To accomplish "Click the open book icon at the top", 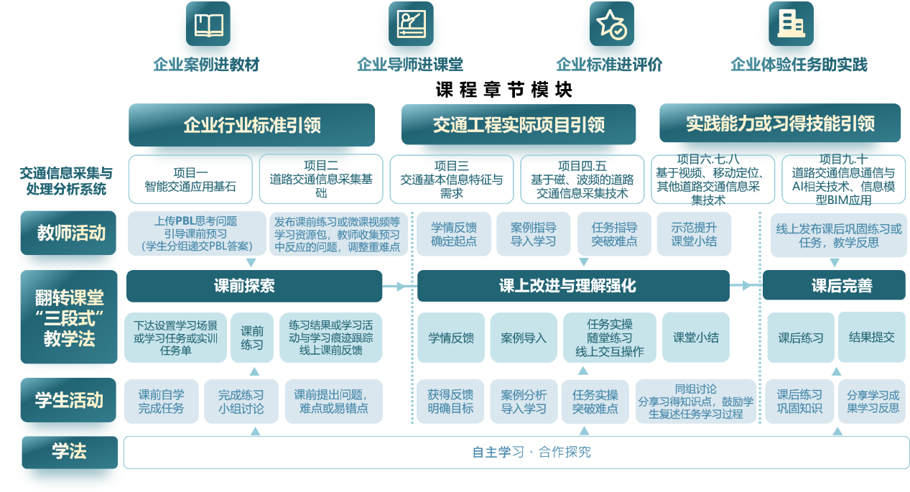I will (x=209, y=26).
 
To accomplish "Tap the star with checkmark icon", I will (x=612, y=24).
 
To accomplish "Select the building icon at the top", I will (x=790, y=24).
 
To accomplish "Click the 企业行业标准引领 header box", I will (x=251, y=125).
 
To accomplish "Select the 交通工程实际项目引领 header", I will (x=519, y=125).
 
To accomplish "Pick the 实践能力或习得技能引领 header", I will (x=780, y=124).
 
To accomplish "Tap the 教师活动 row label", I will (x=70, y=233).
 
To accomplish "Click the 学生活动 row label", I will (x=69, y=400).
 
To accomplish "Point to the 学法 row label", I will (x=69, y=452).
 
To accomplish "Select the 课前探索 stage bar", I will (x=254, y=286).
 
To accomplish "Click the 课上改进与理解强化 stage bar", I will (x=572, y=286).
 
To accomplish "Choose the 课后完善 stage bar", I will (x=833, y=286).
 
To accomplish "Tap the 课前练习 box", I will (x=252, y=338).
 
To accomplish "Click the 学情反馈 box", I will (x=451, y=338).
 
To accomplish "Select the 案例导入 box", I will (x=524, y=338).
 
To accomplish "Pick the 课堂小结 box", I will (x=695, y=337).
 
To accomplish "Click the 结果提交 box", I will (x=871, y=337).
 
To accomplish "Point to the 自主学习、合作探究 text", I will (x=531, y=452).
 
